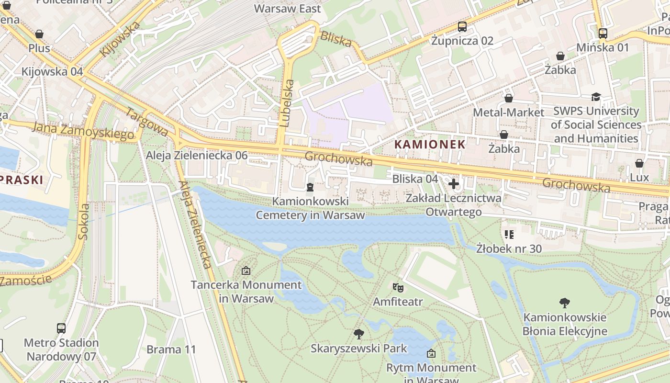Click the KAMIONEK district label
(429, 144)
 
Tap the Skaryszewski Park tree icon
(358, 334)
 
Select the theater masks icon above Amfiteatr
(397, 287)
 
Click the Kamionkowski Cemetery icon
(310, 187)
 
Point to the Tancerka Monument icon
(246, 270)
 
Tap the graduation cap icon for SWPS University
(596, 97)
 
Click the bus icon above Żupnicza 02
(462, 27)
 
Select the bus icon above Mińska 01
(603, 34)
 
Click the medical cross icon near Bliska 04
(454, 183)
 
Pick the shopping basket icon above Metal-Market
(508, 98)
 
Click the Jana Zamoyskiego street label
(84, 131)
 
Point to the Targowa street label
(146, 122)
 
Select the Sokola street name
(84, 221)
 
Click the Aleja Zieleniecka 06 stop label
(197, 155)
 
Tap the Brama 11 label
(171, 349)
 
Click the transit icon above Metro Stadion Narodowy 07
(61, 328)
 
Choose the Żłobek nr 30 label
(509, 248)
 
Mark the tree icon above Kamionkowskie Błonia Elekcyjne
(565, 303)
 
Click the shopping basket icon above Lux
(639, 164)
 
